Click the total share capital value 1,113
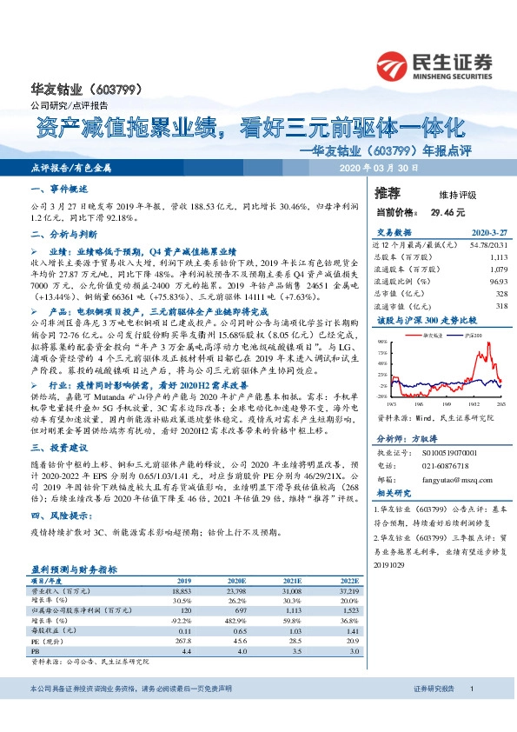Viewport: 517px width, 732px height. (x=497, y=257)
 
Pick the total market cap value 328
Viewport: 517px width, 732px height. (x=500, y=294)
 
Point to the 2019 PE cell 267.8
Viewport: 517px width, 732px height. (x=182, y=640)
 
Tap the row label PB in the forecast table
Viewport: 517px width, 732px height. (x=36, y=649)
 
